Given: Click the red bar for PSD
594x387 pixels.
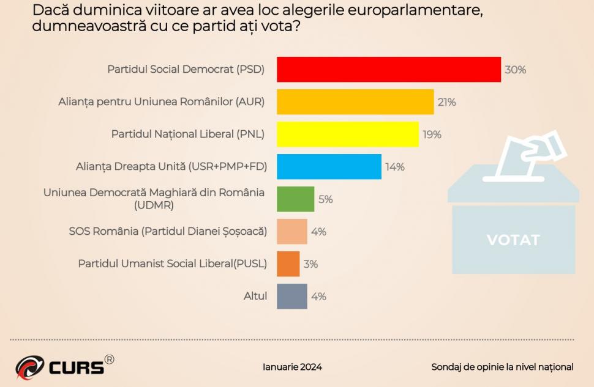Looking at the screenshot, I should [388, 69].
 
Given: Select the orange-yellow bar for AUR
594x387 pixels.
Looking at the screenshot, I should [355, 101].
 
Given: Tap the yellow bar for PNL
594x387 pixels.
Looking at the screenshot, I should [347, 134].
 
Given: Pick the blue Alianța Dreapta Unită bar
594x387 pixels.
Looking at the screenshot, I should [329, 166].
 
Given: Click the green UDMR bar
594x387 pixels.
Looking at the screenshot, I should [295, 199].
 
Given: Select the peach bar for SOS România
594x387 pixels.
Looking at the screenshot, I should [291, 232].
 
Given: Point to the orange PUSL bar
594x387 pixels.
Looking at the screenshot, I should [288, 264].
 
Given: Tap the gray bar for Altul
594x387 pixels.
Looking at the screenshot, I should [291, 297].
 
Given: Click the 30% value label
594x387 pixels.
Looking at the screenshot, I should [515, 70].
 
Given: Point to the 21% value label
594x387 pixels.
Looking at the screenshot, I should [446, 102].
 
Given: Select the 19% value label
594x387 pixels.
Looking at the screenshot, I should [432, 135].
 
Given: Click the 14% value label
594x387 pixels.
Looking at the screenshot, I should [394, 167].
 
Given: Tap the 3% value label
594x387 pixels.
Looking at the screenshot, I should [310, 264].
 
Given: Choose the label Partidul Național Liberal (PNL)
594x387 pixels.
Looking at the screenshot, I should [187, 135].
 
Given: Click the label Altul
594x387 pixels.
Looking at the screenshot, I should [255, 296].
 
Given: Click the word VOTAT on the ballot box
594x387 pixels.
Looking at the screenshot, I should [513, 240].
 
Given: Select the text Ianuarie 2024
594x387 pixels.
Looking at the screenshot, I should [292, 367].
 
